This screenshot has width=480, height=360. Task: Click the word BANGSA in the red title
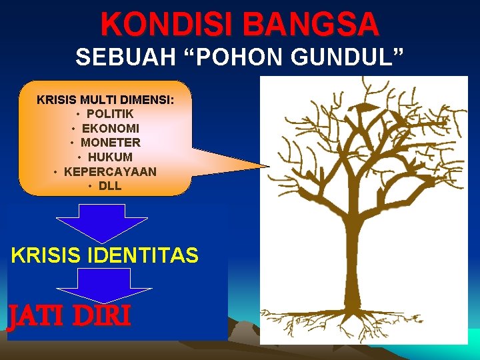click(x=311, y=25)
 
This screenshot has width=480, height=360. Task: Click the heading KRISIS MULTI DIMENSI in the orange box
click(x=105, y=100)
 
